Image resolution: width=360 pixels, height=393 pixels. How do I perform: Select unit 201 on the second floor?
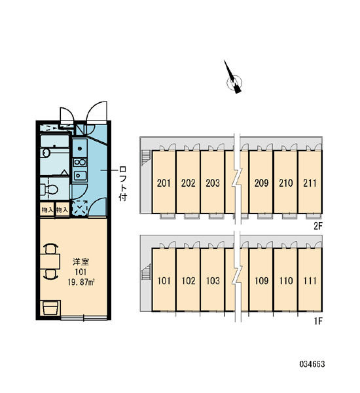[164, 182]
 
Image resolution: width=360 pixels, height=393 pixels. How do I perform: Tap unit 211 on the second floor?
[310, 182]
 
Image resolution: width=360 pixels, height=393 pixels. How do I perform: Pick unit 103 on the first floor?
[213, 280]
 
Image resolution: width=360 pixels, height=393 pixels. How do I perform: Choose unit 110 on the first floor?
[285, 280]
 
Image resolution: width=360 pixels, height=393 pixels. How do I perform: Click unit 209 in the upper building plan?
[261, 182]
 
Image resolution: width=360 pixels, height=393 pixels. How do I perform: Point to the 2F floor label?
[318, 227]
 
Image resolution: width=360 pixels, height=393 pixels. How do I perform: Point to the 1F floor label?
[318, 321]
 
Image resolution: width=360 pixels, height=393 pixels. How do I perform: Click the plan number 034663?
[312, 364]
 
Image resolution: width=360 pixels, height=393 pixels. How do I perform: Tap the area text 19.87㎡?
[81, 282]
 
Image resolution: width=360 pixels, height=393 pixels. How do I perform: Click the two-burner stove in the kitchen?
[80, 162]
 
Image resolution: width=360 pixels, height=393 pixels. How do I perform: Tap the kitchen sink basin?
[80, 176]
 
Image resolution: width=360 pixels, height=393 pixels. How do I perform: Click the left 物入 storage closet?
[47, 210]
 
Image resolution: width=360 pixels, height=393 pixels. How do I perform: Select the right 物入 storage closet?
[62, 210]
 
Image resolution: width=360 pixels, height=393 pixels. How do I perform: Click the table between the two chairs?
[50, 261]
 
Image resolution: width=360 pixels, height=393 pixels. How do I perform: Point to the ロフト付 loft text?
[123, 184]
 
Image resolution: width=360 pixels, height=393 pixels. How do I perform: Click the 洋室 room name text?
[81, 262]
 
